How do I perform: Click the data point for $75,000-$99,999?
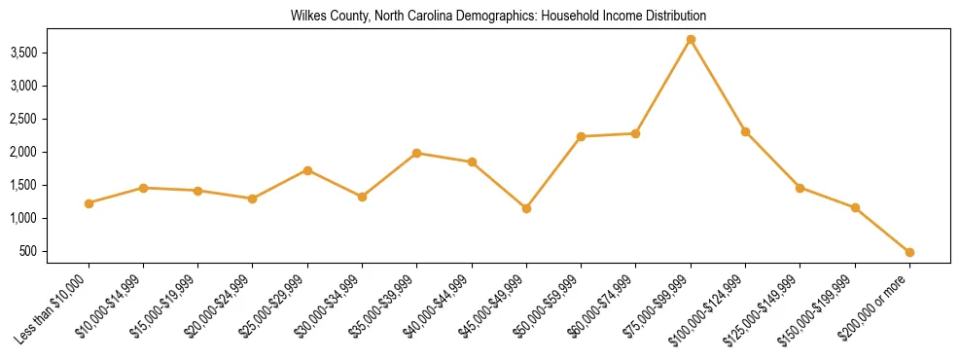click(691, 39)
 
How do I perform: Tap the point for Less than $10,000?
click(89, 203)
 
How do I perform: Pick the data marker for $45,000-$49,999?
click(526, 208)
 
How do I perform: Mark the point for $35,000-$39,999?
click(416, 153)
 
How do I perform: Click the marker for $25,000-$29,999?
click(307, 170)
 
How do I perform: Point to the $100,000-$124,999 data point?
click(745, 131)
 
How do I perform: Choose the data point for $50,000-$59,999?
click(581, 136)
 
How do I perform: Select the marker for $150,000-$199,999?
click(855, 207)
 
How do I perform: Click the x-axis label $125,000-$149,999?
click(766, 306)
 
